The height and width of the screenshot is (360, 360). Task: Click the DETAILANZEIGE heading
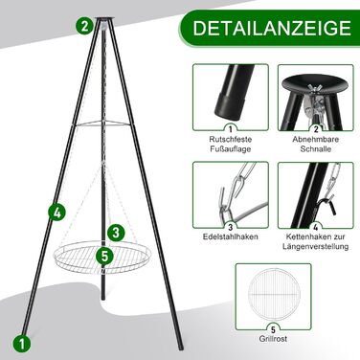(272, 28)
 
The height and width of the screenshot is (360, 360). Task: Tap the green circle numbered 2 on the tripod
(84, 26)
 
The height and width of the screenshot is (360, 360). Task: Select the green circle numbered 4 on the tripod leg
(57, 213)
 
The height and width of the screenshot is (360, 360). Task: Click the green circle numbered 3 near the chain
(116, 233)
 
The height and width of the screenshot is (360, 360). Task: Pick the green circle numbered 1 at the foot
(22, 344)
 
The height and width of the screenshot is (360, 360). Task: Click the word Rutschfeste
(231, 140)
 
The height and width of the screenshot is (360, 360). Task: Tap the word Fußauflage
(231, 149)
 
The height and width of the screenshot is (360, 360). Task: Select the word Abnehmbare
(316, 140)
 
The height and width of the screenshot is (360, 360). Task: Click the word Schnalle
(316, 149)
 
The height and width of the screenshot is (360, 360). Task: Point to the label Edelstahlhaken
(231, 236)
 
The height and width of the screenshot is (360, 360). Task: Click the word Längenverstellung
(316, 247)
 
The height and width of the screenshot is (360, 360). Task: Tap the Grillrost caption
(273, 338)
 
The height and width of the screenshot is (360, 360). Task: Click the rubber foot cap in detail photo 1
(231, 106)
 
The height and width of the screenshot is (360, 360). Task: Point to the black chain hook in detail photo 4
(328, 206)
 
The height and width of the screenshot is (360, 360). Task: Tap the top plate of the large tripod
(104, 19)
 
